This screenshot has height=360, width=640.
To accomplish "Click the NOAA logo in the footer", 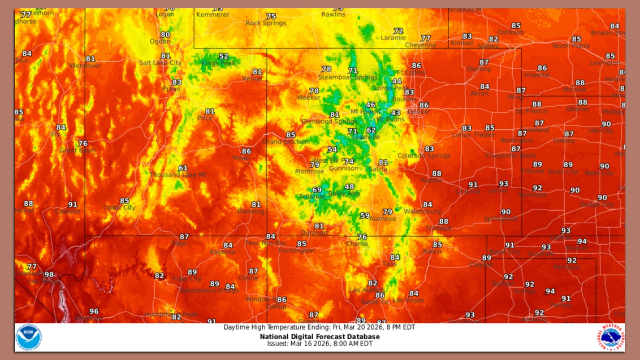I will click(29, 337).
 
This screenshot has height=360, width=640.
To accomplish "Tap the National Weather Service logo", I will click(611, 337).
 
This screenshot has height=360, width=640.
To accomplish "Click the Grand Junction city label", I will click(286, 142).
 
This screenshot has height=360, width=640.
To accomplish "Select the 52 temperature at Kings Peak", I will click(224, 57).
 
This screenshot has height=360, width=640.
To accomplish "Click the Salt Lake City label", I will click(160, 63).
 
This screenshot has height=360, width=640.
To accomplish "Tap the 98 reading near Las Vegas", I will click(49, 275).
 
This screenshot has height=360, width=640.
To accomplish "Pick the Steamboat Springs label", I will click(348, 77).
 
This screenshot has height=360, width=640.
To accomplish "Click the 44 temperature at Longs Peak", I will click(397, 81).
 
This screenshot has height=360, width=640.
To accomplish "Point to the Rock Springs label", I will click(266, 23).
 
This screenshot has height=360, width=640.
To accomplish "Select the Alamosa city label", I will click(382, 219).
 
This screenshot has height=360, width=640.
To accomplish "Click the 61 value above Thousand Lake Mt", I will click(183, 168).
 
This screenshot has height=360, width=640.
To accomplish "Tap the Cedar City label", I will click(119, 208).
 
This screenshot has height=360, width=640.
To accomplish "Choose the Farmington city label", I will click(296, 250).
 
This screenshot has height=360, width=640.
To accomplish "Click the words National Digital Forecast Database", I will click(320, 337).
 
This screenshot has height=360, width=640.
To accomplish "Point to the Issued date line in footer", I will click(320, 344).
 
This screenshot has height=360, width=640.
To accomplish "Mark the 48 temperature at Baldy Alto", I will click(349, 187).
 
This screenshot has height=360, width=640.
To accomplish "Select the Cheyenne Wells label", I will click(510, 156).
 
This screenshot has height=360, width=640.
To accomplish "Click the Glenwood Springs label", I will click(329, 121).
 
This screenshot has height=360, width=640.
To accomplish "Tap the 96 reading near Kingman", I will click(94, 311).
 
